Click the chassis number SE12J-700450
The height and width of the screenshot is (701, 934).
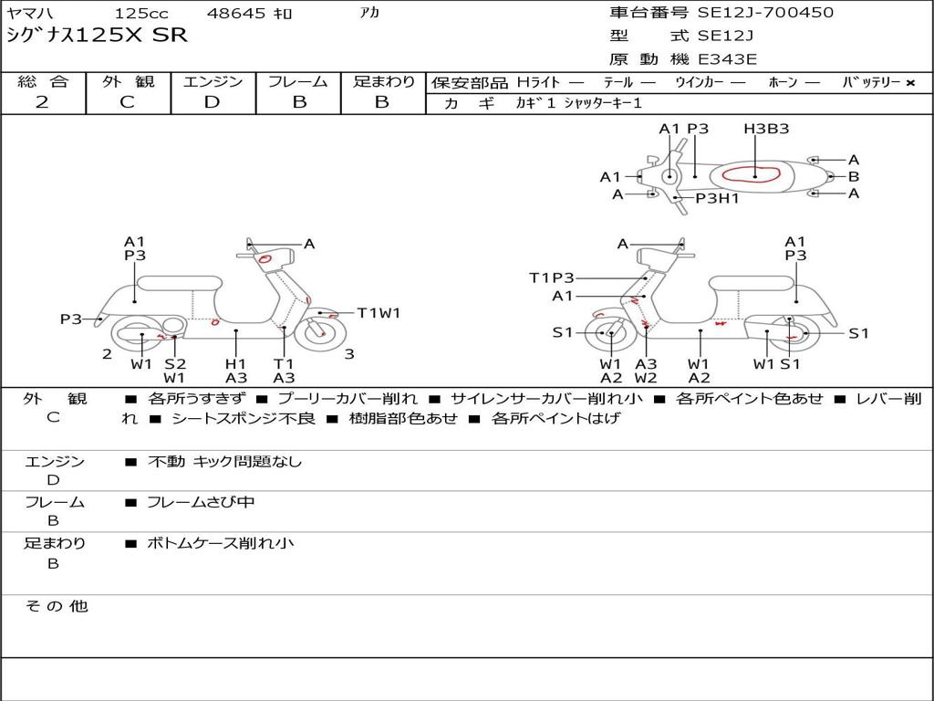(765, 12)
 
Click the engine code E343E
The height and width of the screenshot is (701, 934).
(727, 59)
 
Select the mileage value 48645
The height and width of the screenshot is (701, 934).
(236, 13)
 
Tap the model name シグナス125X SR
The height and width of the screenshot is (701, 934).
(97, 36)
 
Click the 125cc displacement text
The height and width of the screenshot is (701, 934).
(141, 13)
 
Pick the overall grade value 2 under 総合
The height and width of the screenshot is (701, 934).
(42, 102)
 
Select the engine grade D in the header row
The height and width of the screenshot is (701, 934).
(212, 102)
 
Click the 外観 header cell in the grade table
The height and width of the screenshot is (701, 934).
(128, 81)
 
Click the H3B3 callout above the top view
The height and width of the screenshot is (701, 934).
(766, 128)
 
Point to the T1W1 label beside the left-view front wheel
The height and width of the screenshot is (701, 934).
(379, 312)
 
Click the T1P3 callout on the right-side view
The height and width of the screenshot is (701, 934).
(552, 277)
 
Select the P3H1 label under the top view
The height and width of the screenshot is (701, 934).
(717, 198)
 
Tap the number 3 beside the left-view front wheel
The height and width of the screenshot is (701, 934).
(349, 354)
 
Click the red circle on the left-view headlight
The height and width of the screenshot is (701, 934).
(265, 258)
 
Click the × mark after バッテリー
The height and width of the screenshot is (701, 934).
(910, 83)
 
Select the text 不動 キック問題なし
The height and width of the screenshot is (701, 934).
(224, 461)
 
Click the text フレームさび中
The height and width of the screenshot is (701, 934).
(201, 502)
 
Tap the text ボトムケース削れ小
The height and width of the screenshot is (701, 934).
(221, 543)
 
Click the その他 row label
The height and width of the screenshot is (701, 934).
(57, 606)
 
